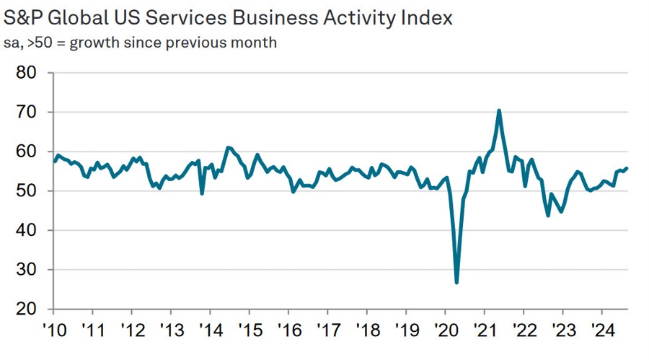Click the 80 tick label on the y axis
(x=30, y=73)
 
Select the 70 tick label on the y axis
(x=30, y=113)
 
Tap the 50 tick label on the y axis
(x=30, y=191)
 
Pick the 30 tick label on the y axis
(x=30, y=270)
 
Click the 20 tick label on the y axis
(x=30, y=309)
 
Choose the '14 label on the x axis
(x=210, y=333)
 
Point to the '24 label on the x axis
(x=602, y=333)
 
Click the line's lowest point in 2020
(x=456, y=282)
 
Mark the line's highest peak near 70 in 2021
(x=499, y=110)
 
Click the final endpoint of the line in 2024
(x=626, y=168)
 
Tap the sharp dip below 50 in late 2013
(x=202, y=193)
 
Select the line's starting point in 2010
(x=54, y=161)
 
